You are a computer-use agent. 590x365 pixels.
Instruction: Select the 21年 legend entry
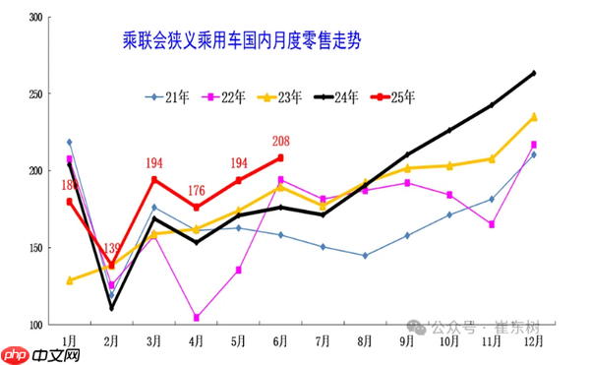(x=168, y=96)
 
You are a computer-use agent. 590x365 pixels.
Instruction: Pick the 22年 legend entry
(x=224, y=96)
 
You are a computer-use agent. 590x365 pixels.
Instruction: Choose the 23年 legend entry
(x=282, y=96)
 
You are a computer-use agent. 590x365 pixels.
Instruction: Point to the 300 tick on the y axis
(x=35, y=18)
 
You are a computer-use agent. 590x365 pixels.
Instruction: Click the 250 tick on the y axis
(x=35, y=94)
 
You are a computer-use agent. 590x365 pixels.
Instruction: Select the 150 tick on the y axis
(x=35, y=248)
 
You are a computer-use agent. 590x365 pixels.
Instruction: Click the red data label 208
(x=279, y=142)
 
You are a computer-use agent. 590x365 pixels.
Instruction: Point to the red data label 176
(x=196, y=191)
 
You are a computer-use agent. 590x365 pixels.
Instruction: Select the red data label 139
(x=111, y=249)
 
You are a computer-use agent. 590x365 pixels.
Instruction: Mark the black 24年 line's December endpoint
(x=533, y=73)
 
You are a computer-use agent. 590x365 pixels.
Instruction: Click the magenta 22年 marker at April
(x=196, y=318)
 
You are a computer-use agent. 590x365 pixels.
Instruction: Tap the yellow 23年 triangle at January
(x=69, y=280)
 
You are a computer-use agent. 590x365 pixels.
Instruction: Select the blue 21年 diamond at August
(x=365, y=256)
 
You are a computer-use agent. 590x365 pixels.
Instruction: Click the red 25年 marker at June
(x=280, y=157)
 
